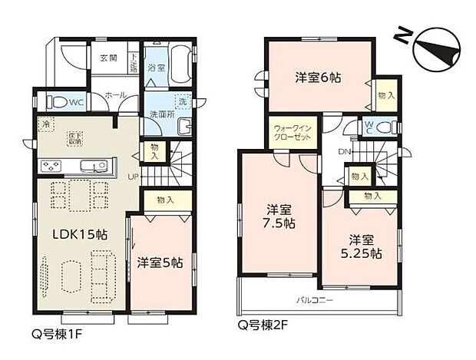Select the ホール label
tap(116, 94)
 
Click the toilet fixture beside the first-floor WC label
tap(58, 101)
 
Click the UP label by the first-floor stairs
tap(133, 175)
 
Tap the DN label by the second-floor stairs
tap(343, 151)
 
